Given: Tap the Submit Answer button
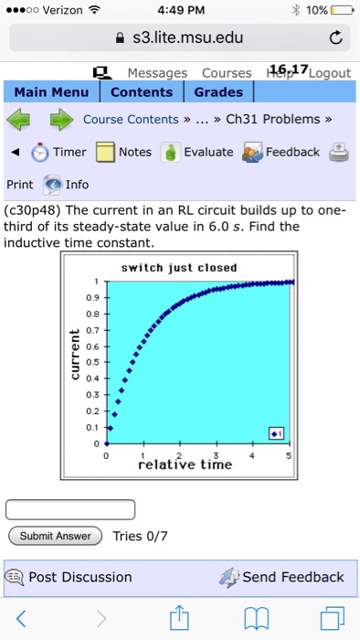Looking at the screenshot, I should [55, 536].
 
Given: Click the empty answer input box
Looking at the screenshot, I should [71, 508].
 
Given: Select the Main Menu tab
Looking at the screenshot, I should [51, 92].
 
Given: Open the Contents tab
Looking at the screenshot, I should [142, 92].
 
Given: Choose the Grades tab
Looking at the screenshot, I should [218, 92].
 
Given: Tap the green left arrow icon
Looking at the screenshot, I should [23, 120].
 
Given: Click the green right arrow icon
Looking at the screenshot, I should [60, 120].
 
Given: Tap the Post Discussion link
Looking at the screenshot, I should [79, 577].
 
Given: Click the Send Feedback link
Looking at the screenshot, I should [292, 577].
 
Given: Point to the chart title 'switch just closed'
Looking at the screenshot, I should [179, 267].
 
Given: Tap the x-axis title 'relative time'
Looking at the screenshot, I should [185, 465].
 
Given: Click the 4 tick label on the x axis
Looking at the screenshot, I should [252, 454].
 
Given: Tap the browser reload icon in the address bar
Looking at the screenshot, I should [335, 38].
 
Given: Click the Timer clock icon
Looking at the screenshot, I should [40, 152].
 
